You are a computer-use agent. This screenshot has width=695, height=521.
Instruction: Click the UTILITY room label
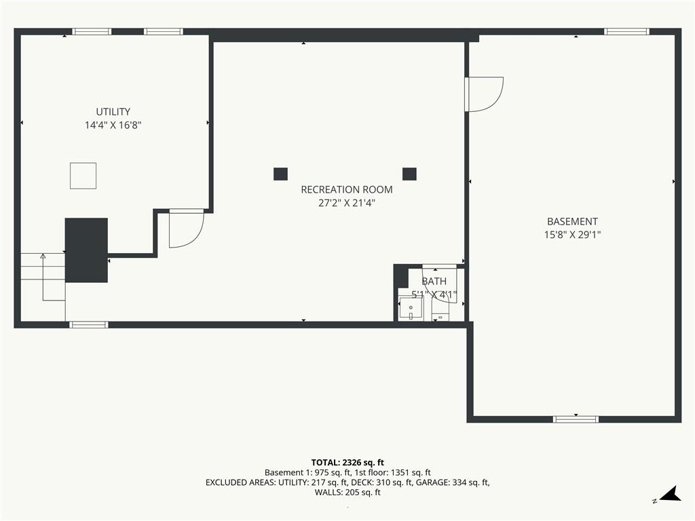coord(113,112)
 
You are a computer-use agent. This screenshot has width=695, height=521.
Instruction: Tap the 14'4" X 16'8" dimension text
coord(113,126)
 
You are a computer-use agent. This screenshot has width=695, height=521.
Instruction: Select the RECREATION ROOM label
coord(347,190)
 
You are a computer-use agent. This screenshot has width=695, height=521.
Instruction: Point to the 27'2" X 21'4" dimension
coord(347,204)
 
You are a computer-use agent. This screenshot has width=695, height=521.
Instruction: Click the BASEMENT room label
coord(572,222)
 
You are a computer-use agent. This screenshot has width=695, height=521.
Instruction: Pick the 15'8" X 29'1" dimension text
coord(572,235)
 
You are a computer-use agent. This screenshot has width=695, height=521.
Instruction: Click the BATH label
coord(434,282)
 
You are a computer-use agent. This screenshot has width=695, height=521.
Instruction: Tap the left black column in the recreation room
coord(280,174)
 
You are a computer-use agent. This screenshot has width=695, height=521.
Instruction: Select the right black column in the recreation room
coord(409,174)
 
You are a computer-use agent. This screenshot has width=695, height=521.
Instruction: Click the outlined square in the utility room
coord(83,176)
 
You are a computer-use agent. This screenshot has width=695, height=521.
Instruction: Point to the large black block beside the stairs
coord(86,250)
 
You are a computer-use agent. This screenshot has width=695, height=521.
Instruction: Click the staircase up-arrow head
coord(43,256)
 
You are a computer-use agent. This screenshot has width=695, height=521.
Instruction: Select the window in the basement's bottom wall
coord(576,419)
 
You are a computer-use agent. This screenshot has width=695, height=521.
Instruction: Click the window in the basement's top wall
coord(626,31)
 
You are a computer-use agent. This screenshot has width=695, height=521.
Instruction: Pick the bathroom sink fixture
coord(411,309)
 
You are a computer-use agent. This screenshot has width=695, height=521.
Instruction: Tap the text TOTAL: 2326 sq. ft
coord(347,463)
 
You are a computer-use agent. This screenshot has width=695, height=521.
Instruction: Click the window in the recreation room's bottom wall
coord(89,325)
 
